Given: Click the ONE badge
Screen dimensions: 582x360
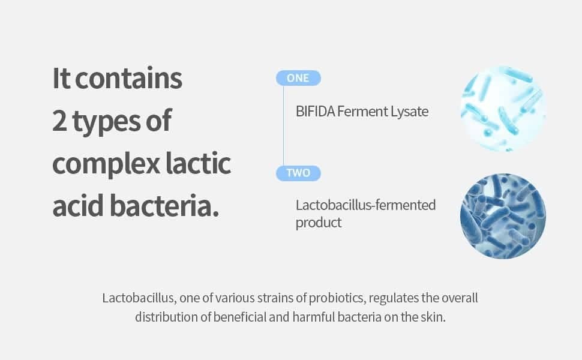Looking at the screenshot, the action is [x=298, y=78].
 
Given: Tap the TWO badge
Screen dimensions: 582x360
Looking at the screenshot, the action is [x=298, y=173].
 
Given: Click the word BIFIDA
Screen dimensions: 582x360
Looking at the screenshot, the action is [x=316, y=112].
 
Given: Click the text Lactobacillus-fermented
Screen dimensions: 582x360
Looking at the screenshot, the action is [x=365, y=205].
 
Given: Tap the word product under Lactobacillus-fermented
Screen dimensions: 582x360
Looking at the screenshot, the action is [x=319, y=223].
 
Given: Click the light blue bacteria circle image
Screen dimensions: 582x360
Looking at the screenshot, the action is [x=503, y=109].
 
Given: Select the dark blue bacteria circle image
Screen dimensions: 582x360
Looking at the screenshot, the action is [x=503, y=216].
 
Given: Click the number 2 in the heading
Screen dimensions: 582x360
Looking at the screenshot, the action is [x=59, y=121].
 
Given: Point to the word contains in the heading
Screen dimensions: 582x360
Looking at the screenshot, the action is [x=128, y=79].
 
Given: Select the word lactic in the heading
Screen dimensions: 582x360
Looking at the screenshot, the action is [x=198, y=163].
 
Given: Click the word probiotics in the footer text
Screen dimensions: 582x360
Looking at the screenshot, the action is [x=337, y=298].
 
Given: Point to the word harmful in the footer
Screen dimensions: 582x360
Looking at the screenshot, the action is [x=314, y=317].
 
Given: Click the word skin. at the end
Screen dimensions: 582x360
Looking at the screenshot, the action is [x=433, y=317].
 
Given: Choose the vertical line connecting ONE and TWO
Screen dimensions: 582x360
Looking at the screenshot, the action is [x=284, y=125].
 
